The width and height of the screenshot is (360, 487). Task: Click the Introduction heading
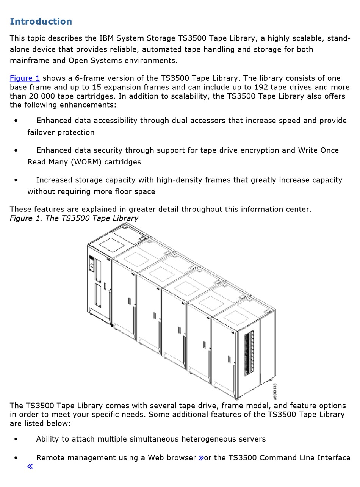[x=41, y=22]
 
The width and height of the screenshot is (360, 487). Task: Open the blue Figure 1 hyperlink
[x=25, y=78]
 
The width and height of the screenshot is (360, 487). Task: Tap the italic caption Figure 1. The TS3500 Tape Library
[x=74, y=218]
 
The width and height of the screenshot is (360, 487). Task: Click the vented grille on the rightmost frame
[x=249, y=353]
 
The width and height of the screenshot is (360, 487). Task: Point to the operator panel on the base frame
[x=91, y=264]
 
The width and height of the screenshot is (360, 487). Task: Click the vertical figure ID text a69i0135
[x=275, y=391]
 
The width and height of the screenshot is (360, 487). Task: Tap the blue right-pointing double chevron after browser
[x=201, y=458]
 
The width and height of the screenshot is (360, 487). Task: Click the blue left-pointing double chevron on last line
[x=30, y=467]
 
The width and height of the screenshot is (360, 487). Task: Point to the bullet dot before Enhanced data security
[x=16, y=150]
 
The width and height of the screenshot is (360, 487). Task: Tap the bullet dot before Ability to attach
[x=16, y=439]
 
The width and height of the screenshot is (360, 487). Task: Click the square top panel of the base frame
[x=112, y=245]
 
